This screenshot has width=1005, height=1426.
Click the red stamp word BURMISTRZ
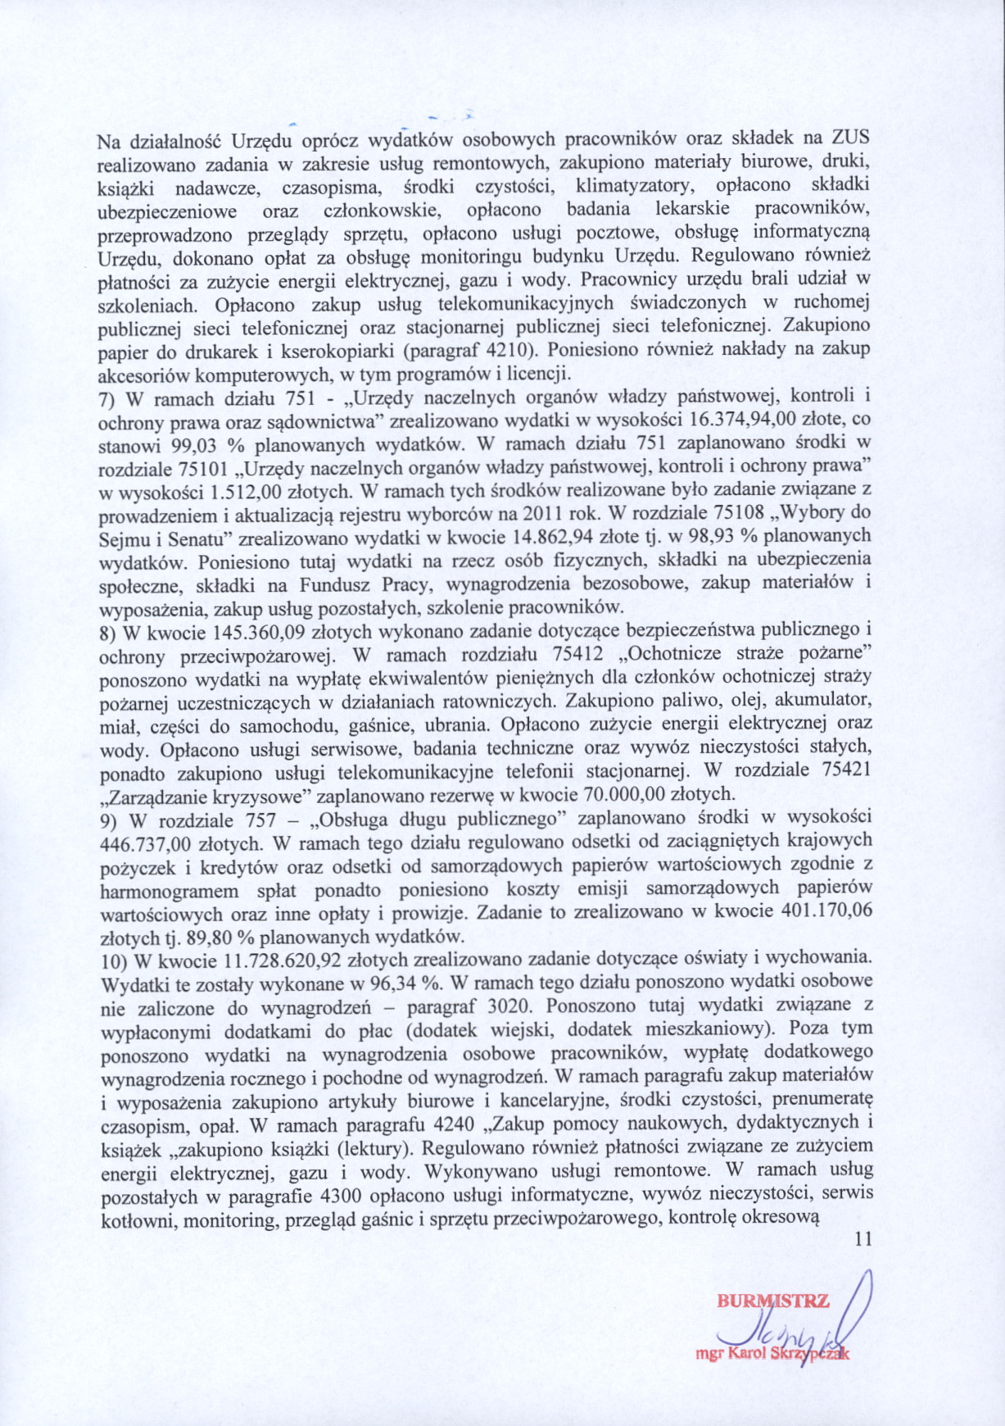pyautogui.click(x=772, y=1301)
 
